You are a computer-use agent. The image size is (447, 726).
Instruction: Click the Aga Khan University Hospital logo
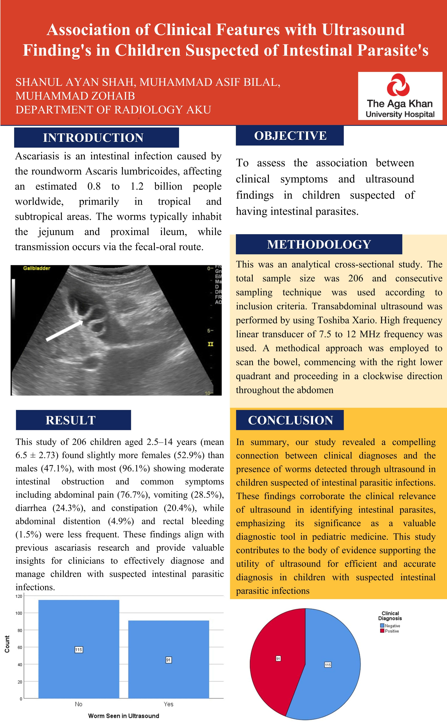point(400,96)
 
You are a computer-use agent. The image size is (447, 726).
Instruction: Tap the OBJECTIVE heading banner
point(290,136)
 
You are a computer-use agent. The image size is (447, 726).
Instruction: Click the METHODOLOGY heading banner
point(319,244)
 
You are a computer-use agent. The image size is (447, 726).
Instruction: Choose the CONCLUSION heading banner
point(290,420)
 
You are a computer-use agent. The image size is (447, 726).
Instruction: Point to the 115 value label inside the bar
point(79,650)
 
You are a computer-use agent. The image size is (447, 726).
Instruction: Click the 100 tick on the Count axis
point(19,613)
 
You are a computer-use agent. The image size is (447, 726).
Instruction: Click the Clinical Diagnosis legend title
point(390,616)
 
